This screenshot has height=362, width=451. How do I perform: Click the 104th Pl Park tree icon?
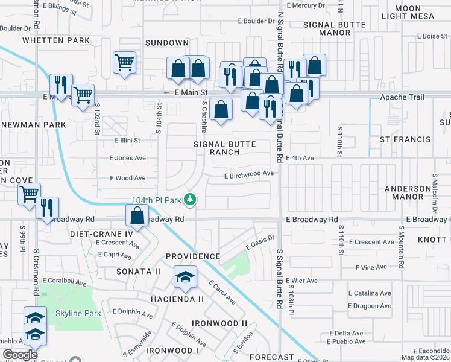click(x=190, y=198)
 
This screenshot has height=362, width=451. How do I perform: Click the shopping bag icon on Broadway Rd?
click(x=138, y=216)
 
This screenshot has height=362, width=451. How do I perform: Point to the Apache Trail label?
click(x=402, y=97)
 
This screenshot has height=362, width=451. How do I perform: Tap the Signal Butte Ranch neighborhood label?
click(x=225, y=148)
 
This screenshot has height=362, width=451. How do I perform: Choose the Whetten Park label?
click(x=56, y=40)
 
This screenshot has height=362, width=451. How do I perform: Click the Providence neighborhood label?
click(x=193, y=256)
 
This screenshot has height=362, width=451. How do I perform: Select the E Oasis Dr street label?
click(x=260, y=243)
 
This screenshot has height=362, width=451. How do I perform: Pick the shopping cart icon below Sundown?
click(x=124, y=62)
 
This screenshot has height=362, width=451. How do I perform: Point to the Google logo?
click(x=20, y=355)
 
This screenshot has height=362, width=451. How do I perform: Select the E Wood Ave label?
click(x=128, y=178)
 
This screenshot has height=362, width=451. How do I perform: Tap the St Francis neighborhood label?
click(x=405, y=139)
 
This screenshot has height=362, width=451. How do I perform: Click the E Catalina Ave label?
click(x=370, y=294)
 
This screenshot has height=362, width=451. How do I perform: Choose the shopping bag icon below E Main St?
click(x=222, y=109)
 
